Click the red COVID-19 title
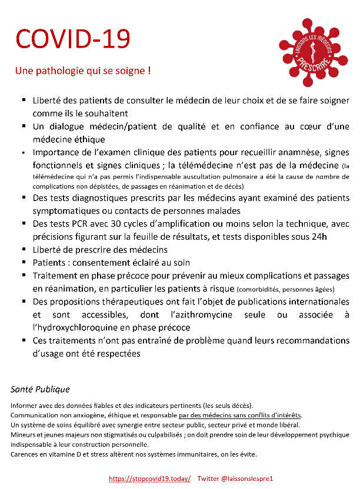point(72,39)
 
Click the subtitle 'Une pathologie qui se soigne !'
point(83,71)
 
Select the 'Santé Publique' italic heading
point(40,389)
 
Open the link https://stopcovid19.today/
point(150,479)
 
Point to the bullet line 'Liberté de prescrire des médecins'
point(100,250)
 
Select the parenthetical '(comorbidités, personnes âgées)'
point(285,289)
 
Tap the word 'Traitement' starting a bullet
point(56,275)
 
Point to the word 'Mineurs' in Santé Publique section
point(24,435)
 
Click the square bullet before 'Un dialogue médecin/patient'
point(24,127)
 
